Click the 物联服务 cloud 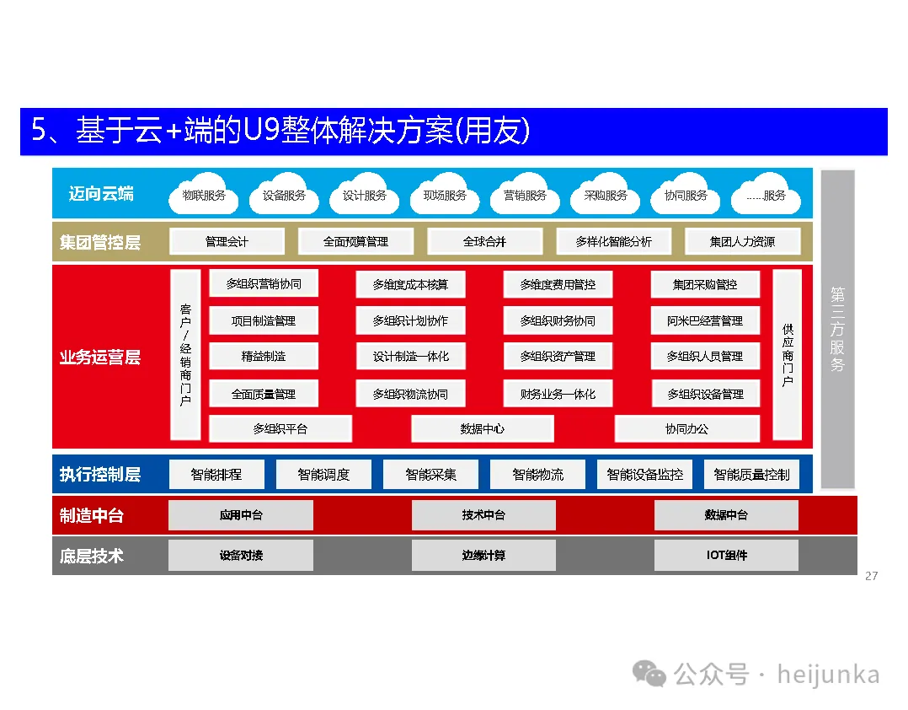tap(204, 196)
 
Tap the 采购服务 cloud tap(606, 196)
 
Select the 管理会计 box tap(227, 241)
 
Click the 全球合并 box tap(484, 241)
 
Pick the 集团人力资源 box tap(742, 241)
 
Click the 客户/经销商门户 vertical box tap(185, 355)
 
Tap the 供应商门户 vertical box tap(787, 355)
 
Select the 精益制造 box tap(264, 356)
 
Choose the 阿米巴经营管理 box tap(705, 320)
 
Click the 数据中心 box tap(483, 428)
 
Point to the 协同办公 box tap(686, 428)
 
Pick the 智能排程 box tap(216, 474)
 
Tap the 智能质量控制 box tap(751, 474)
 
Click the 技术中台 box tap(483, 514)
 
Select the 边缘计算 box tap(483, 555)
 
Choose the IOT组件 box tap(726, 555)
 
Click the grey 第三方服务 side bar tap(837, 329)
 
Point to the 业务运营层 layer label tap(99, 357)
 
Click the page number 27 tap(871, 576)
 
